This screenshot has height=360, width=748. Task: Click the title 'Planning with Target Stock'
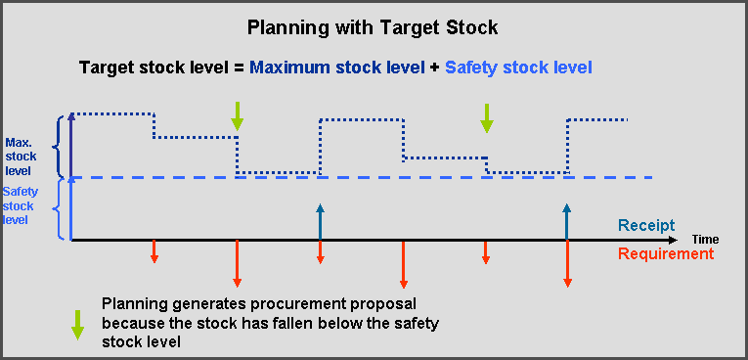[373, 26]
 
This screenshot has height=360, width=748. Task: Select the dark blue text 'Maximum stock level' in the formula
[337, 67]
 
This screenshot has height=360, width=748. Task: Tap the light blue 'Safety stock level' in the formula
[518, 67]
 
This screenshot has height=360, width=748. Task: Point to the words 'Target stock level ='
[161, 67]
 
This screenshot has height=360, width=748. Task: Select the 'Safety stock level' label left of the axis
[19, 206]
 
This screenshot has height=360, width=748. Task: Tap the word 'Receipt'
[645, 225]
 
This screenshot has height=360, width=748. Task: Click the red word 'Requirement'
[665, 254]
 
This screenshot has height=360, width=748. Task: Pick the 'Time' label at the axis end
[705, 239]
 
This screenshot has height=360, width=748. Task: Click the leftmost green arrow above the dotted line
[237, 115]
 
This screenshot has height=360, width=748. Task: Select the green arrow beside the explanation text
[77, 323]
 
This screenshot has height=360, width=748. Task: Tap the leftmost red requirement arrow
[154, 251]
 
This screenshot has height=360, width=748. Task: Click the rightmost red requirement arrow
[568, 263]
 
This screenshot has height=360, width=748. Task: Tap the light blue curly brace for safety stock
[61, 208]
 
